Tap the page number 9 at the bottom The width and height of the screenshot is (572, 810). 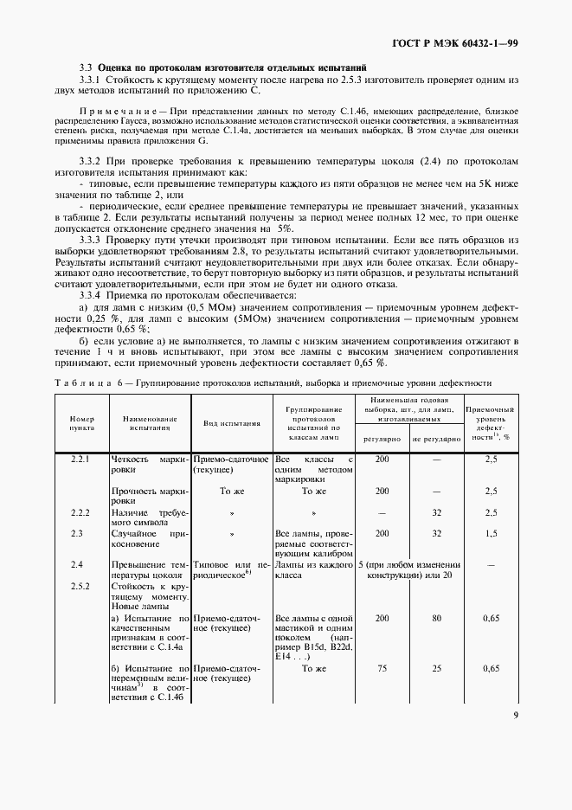pos(515,715)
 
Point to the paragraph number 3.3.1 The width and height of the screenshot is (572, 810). pos(90,79)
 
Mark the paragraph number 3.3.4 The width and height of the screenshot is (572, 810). pos(90,294)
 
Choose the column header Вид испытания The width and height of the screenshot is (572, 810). pos(232,424)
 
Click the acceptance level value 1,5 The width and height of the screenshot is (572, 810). pos(491,534)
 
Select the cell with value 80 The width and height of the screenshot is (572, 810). pos(436,619)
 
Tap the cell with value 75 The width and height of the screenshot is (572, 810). pos(382,668)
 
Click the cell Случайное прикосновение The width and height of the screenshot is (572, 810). pos(149,539)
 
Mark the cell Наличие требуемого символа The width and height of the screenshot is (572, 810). pos(149,517)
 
